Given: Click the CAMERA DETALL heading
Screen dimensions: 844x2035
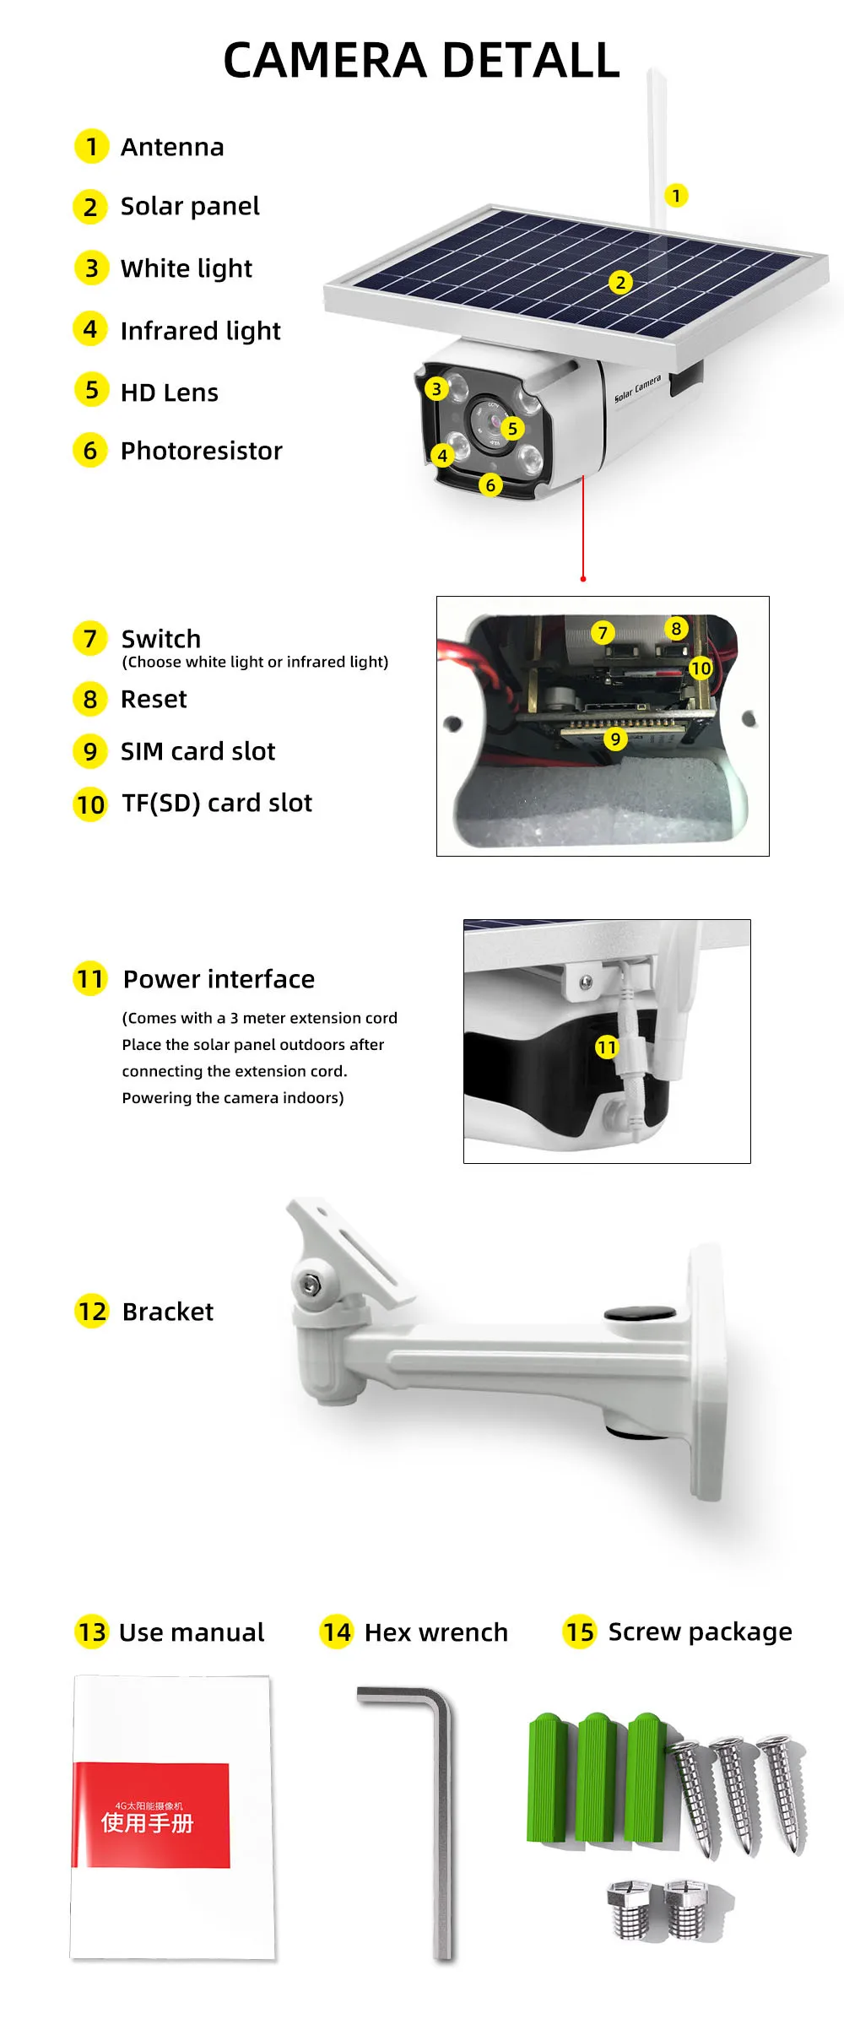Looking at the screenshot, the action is [421, 61].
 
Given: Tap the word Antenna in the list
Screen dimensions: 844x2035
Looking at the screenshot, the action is [172, 147].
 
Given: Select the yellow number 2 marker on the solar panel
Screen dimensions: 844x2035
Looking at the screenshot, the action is [620, 282].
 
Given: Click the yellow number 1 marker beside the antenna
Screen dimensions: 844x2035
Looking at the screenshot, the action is [676, 196].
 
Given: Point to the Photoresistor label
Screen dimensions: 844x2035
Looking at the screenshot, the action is [202, 451].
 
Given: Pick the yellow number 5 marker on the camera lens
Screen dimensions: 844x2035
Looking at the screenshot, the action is [512, 428].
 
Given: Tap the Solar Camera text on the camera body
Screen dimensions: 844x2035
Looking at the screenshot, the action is [637, 388].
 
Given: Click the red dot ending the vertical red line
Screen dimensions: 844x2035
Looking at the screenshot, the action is [583, 579].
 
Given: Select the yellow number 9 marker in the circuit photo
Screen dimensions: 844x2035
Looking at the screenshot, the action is [615, 739].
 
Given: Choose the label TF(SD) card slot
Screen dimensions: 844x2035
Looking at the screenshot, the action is [217, 804].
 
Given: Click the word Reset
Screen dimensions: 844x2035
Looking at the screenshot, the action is [154, 699].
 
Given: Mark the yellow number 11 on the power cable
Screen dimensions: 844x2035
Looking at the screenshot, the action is [607, 1047].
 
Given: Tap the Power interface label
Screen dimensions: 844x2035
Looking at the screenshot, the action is [219, 979].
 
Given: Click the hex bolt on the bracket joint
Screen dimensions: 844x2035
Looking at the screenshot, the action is [310, 1284].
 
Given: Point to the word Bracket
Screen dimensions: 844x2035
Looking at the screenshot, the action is [168, 1312].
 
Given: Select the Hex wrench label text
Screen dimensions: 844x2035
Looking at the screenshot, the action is [436, 1632].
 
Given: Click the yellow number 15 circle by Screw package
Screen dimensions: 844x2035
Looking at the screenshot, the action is [580, 1632].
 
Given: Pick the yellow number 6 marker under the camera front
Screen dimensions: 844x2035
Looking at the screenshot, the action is [490, 485].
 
